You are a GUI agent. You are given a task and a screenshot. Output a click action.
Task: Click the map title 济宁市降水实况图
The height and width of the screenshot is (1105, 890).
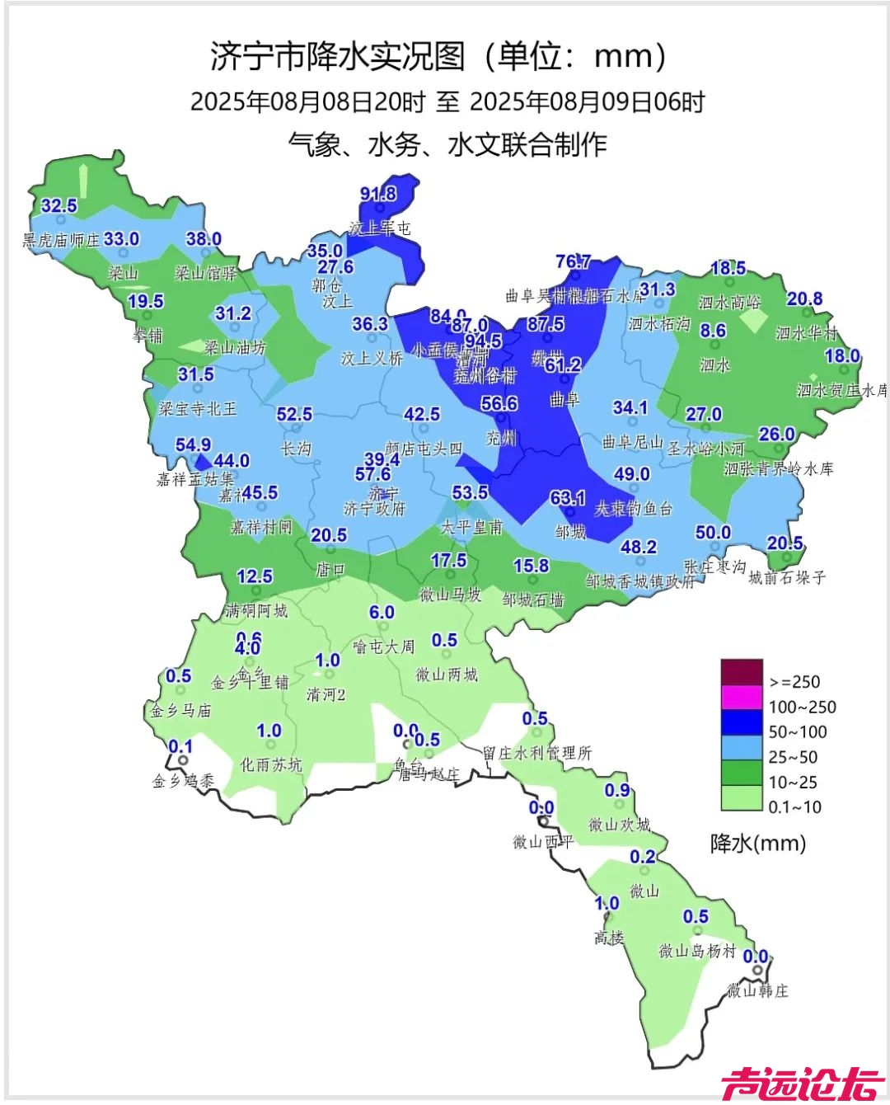tap(338, 56)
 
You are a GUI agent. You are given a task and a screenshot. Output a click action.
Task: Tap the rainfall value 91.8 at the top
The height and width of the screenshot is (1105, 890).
tap(378, 194)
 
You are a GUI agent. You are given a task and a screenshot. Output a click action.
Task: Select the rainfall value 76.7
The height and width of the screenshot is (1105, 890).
tap(573, 261)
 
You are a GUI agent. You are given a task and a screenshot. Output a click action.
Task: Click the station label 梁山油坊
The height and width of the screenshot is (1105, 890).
tap(235, 348)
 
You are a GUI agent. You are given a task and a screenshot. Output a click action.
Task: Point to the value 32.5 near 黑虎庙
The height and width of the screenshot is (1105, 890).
tap(59, 205)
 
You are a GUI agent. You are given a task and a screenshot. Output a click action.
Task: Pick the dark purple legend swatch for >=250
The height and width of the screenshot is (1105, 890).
tap(741, 671)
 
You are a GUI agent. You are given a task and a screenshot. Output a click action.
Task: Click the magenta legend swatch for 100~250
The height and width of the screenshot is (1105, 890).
tap(741, 698)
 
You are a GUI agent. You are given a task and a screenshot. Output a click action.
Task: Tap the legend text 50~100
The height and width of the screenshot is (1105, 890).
tap(797, 732)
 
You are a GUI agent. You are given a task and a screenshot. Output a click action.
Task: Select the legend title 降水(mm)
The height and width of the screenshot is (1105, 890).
tap(757, 843)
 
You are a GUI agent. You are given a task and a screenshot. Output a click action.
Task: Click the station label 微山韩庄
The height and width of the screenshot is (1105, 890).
tap(756, 990)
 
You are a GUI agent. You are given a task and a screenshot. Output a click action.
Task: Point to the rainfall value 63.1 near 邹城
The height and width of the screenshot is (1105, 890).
tap(567, 498)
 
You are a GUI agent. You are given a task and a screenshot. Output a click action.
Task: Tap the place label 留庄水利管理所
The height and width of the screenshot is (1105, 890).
tap(537, 753)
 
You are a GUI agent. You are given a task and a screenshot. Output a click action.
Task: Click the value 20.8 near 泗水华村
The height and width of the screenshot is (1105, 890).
tap(803, 299)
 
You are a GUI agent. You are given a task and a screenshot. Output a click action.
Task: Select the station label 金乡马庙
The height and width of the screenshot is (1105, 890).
tap(180, 710)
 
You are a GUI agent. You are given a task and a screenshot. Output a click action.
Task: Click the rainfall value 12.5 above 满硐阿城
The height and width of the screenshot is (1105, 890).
tap(254, 576)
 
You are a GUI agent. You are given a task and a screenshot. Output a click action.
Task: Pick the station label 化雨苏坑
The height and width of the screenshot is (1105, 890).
tap(271, 764)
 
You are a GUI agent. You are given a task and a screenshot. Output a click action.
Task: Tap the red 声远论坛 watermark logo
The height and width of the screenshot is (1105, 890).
tap(802, 1083)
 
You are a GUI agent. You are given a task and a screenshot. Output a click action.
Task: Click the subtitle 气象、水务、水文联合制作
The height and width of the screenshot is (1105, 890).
tap(447, 144)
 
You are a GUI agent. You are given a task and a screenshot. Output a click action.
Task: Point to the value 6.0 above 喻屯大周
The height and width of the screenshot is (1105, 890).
tap(382, 612)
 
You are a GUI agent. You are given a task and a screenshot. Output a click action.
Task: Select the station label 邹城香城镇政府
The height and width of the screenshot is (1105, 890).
tap(639, 581)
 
